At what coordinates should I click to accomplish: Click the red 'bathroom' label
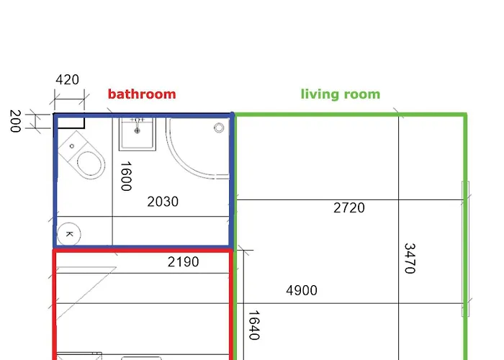pos(142,94)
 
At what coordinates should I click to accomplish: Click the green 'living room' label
pos(340,94)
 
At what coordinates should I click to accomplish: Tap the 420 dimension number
pos(67,80)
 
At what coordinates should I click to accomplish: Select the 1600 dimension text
pos(125,176)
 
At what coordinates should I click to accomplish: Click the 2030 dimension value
pos(163,202)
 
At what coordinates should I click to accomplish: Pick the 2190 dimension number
pos(183,262)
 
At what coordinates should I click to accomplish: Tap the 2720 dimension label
pos(349,208)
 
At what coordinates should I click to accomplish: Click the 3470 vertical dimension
pos(410,258)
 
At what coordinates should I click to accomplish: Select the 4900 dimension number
pos(302,291)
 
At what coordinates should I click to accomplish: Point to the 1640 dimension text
pos(253,325)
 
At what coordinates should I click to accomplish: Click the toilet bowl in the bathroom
pos(89,164)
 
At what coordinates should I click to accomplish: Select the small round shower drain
pos(219,128)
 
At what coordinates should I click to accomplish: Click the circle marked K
pos(69,233)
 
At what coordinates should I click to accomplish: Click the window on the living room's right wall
pos(465,249)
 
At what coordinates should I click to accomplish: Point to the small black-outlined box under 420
pos(70,122)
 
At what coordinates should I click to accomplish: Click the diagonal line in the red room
pos(86,292)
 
